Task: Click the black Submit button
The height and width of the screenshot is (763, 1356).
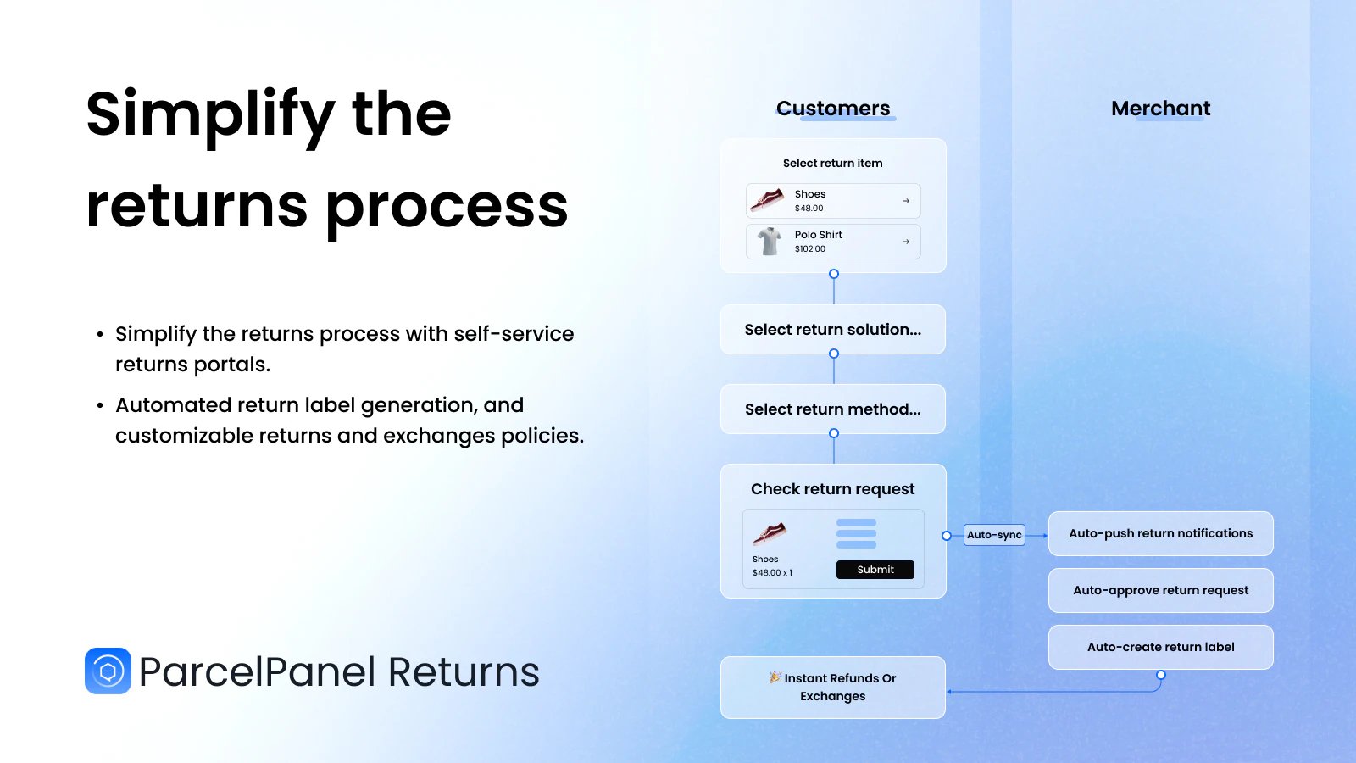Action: point(875,569)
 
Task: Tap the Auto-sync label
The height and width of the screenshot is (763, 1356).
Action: point(994,535)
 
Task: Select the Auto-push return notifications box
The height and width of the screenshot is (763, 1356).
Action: point(1160,533)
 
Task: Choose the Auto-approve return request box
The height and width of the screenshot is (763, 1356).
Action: point(1160,590)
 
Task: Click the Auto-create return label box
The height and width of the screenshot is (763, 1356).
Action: point(1160,647)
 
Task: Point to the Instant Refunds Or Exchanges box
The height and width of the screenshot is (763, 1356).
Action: point(833,688)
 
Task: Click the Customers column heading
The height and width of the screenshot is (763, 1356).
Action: point(833,109)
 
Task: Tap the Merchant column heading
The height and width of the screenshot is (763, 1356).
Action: point(1160,109)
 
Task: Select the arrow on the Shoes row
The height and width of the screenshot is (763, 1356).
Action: point(906,201)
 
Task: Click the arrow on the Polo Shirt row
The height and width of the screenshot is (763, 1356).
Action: point(906,242)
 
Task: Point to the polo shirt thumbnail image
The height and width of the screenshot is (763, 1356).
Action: point(769,241)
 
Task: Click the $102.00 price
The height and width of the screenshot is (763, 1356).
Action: point(810,249)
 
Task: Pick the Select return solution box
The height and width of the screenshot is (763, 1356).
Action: point(833,330)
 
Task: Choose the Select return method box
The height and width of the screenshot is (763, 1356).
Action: point(833,409)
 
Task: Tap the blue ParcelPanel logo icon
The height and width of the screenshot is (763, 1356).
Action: point(108,671)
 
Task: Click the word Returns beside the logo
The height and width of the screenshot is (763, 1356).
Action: point(463,671)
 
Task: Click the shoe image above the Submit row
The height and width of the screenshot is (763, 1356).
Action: point(770,533)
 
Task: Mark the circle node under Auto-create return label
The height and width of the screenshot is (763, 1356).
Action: point(1160,675)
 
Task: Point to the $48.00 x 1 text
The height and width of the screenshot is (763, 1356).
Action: point(772,573)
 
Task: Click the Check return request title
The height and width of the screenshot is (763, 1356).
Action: point(833,489)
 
